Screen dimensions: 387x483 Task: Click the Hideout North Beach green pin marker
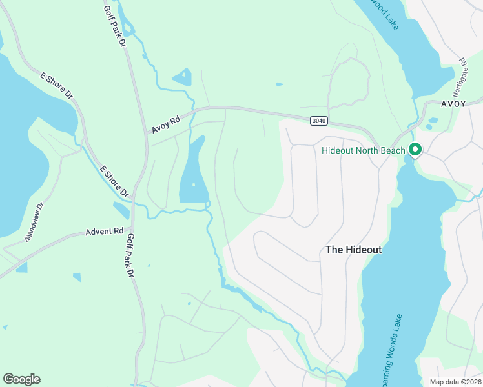tap(414, 150)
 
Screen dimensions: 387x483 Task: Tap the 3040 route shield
tap(318, 121)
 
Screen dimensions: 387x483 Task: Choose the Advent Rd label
tap(105, 231)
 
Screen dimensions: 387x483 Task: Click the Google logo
tap(21, 379)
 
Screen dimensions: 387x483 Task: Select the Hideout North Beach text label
tap(364, 151)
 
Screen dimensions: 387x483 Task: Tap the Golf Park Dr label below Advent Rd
tap(130, 255)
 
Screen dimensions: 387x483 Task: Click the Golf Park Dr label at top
tap(114, 25)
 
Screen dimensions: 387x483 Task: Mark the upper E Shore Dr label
tap(56, 86)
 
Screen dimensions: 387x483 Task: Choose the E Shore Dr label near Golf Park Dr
tap(115, 181)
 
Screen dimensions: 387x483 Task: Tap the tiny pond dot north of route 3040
tap(279, 84)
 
